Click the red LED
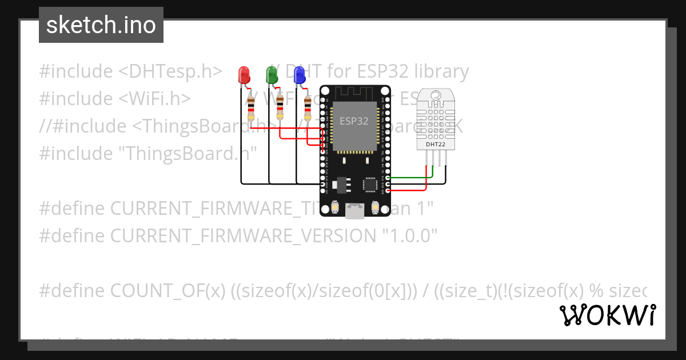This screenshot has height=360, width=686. [244, 74]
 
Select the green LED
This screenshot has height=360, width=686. [272, 74]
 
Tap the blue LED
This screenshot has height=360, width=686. [298, 74]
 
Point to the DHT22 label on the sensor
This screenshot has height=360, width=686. [436, 145]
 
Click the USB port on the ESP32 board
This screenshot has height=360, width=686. [355, 211]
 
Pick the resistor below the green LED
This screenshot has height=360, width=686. [280, 105]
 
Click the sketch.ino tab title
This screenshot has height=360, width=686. [101, 25]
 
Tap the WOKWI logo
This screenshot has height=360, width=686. [608, 315]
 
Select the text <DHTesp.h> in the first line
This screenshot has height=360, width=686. [170, 71]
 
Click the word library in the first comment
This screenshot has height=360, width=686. [437, 71]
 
